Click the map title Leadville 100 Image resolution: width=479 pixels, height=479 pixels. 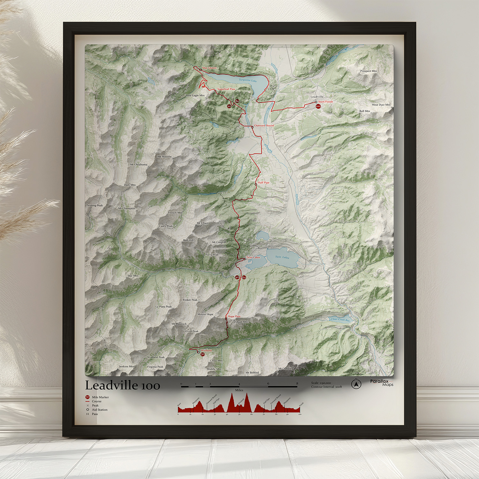coord(123,385)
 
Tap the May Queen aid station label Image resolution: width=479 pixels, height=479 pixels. coord(209,68)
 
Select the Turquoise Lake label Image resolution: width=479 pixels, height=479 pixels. coord(248,80)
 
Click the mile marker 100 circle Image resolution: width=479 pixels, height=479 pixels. coord(318,106)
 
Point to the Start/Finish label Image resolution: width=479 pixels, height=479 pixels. coord(325,102)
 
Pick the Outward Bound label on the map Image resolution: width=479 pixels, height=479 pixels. coord(264,125)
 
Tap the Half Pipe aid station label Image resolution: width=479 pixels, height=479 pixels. coord(264,183)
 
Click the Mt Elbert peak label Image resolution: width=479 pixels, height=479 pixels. coord(202,223)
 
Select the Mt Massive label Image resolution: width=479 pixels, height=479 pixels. coord(164,156)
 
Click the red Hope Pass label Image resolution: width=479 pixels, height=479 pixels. coord(234,316)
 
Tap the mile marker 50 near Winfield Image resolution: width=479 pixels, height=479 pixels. coord(202,354)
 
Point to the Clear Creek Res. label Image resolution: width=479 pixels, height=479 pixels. coord(340,319)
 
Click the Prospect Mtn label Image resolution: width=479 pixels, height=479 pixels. coord(369,71)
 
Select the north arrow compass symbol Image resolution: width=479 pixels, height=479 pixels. coord(356,384)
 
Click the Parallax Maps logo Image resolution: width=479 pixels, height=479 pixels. coord(382,383)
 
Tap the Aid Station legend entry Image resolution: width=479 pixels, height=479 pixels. coord(100,410)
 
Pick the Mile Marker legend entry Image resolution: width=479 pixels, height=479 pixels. coord(100,397)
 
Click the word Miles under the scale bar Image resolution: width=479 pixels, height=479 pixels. coord(239,390)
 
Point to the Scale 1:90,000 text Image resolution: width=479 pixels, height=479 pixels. coord(321,383)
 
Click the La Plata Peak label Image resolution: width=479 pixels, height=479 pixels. coord(163,307)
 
